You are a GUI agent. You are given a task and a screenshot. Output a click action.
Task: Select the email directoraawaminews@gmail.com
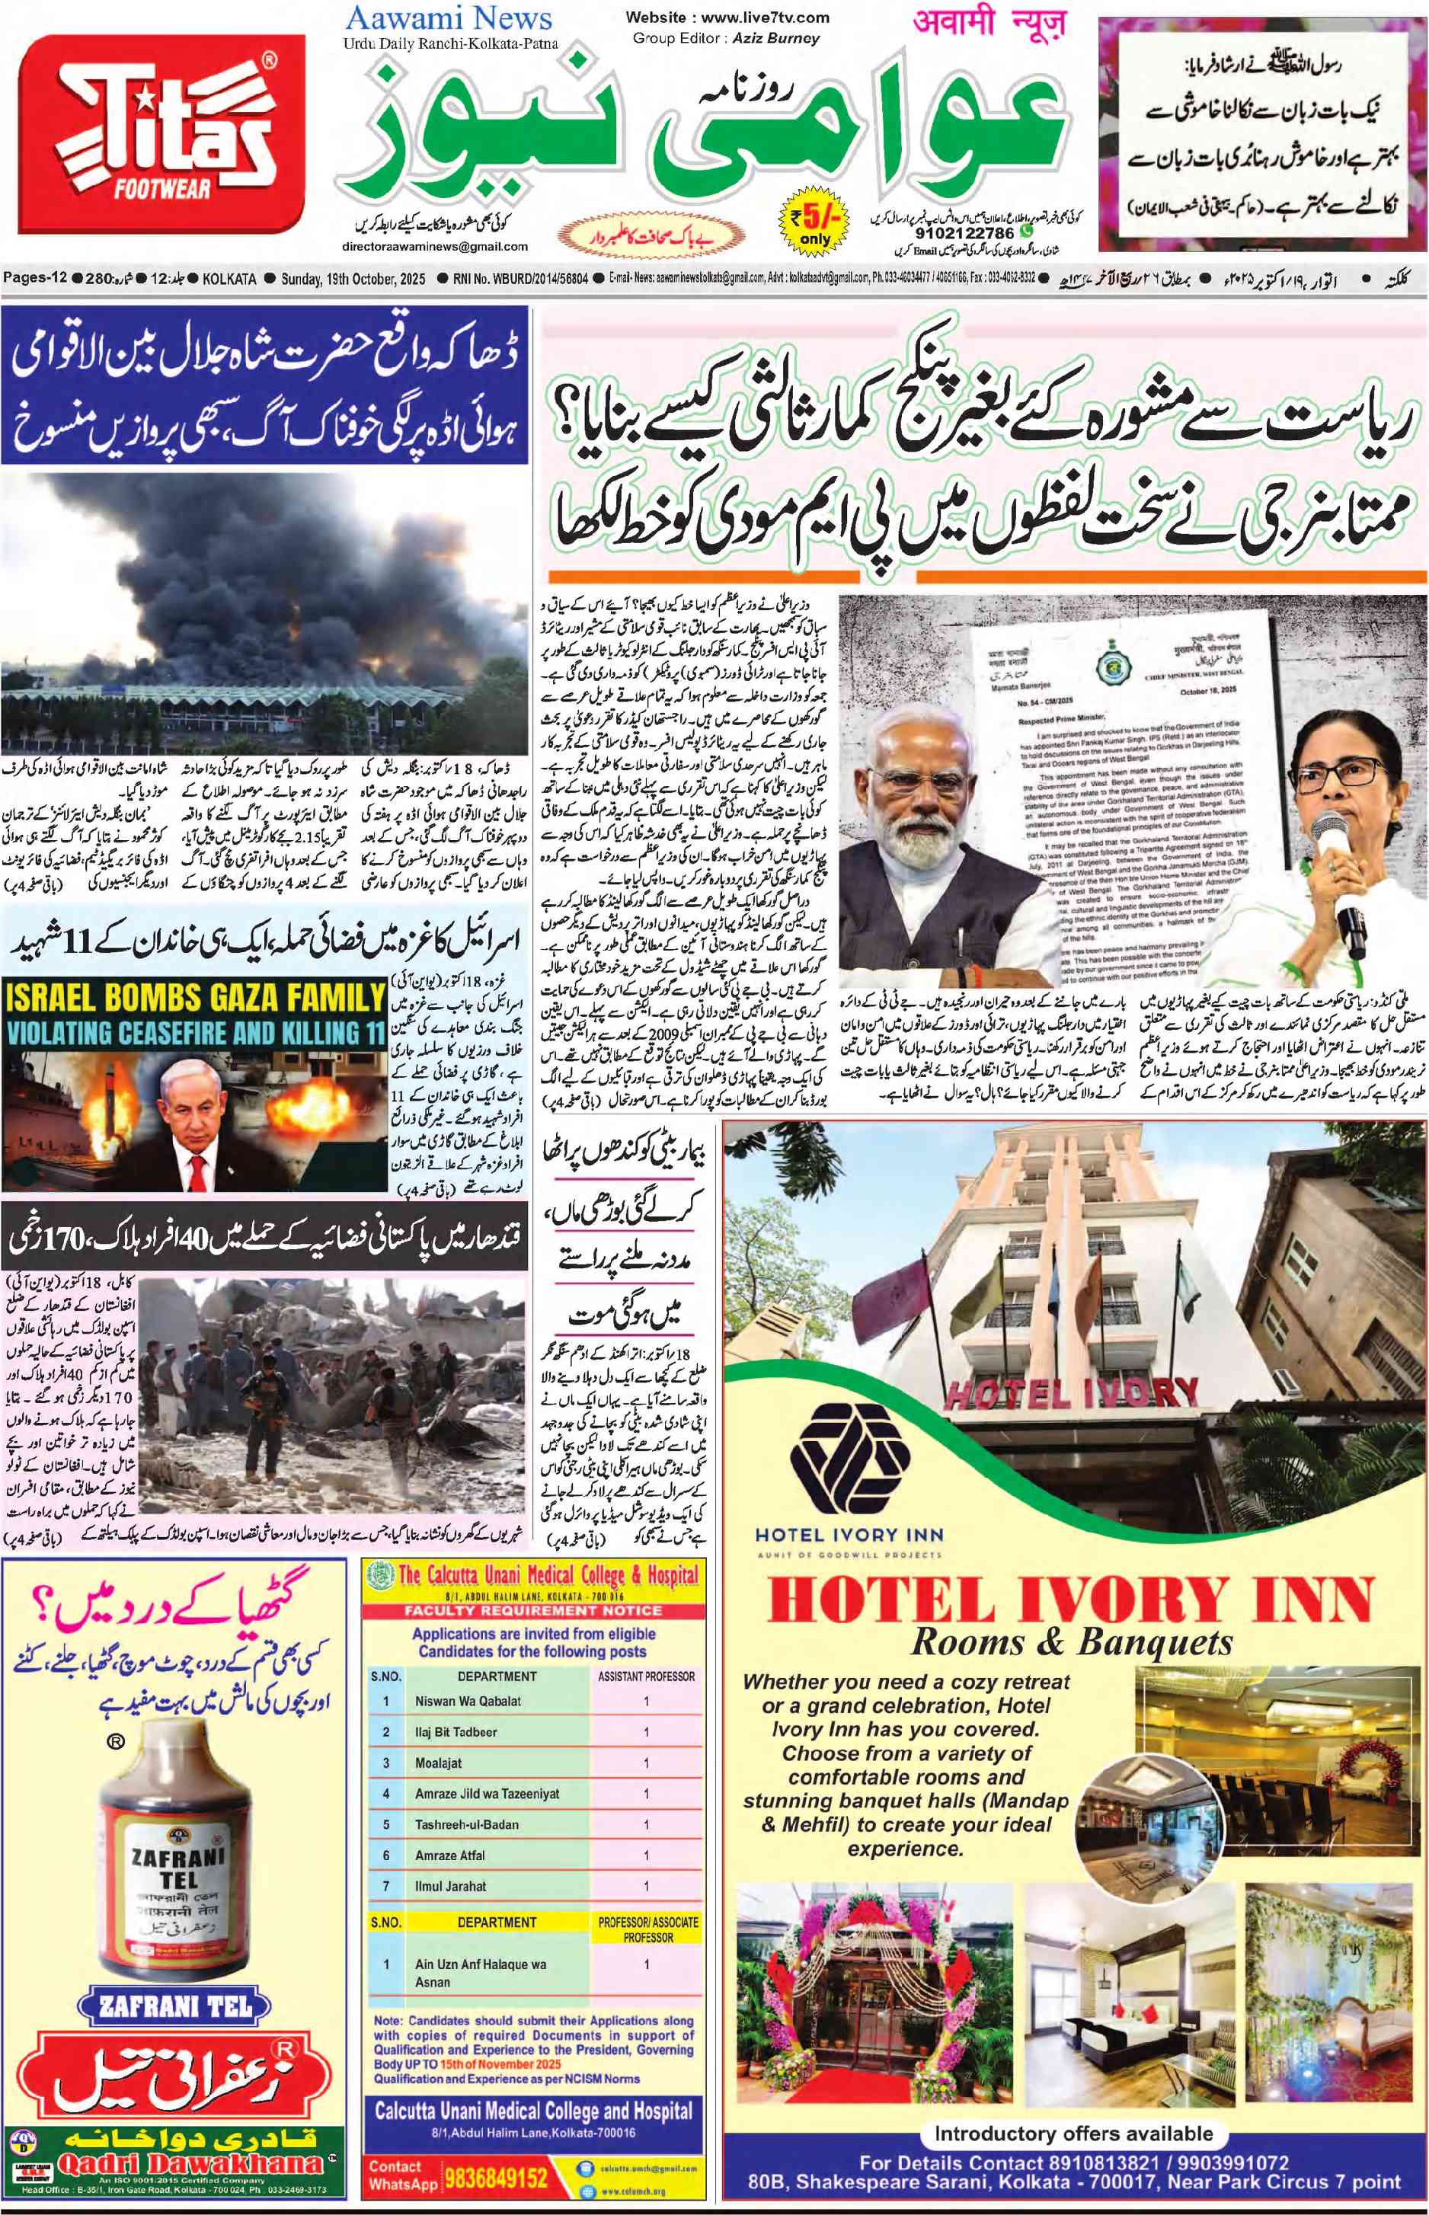pos(434,247)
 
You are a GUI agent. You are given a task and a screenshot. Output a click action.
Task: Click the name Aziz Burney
pos(775,39)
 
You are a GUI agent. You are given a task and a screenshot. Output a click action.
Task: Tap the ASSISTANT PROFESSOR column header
pos(646,1676)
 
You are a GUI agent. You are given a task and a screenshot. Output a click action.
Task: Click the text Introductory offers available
pos(1073,2133)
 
